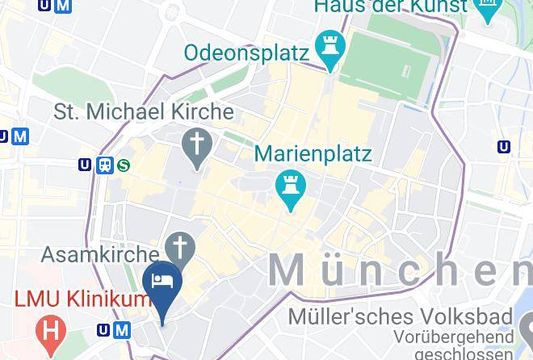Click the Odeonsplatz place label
click(247, 53)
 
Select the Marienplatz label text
click(313, 153)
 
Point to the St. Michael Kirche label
click(144, 111)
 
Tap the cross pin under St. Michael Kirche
click(197, 146)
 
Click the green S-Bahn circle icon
click(124, 165)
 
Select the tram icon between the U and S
click(105, 165)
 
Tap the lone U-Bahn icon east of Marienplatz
click(505, 147)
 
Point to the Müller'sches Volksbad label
click(400, 316)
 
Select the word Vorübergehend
click(454, 336)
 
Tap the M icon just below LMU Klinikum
click(122, 329)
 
